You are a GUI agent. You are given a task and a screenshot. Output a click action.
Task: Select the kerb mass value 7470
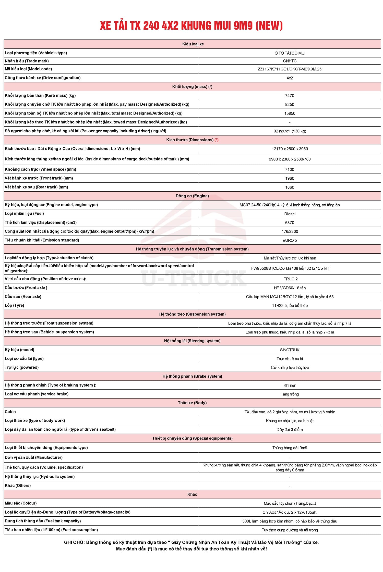pos(290,96)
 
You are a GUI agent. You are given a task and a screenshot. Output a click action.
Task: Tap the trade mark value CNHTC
pos(290,61)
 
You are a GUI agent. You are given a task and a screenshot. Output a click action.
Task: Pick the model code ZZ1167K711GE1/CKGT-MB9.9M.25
pos(290,69)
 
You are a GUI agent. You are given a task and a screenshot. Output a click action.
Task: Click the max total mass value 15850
pos(290,114)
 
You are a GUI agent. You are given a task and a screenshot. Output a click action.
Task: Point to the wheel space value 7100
pos(290,170)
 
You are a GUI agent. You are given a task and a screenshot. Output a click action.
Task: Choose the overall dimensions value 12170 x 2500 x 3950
pos(290,149)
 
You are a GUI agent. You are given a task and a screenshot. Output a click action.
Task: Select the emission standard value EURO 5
pos(290,240)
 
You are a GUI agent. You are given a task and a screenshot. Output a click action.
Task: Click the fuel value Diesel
pos(290,214)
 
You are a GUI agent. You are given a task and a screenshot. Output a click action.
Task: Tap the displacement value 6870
pos(290,223)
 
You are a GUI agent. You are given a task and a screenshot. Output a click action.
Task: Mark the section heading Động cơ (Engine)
pos(192,196)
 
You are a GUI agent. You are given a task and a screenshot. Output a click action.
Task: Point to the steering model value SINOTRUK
pos(290,350)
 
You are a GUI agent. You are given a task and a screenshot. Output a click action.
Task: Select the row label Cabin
pos(10,412)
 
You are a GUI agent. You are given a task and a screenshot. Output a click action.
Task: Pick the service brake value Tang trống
pos(290,394)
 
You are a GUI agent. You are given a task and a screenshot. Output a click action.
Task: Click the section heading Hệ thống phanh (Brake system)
pos(192,376)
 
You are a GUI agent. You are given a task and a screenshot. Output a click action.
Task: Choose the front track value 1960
pos(290,178)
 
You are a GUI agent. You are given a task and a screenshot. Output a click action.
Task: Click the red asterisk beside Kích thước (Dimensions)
pos(217,140)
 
